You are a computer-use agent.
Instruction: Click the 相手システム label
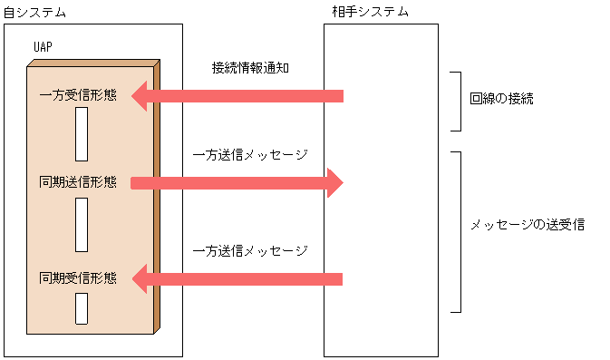click(370, 13)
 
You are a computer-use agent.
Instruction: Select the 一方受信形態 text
click(78, 95)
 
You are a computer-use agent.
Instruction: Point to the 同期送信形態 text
click(78, 182)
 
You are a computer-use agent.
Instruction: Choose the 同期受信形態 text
click(78, 277)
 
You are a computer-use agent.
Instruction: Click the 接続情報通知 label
click(250, 69)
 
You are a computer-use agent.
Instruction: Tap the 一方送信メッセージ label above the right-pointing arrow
click(251, 155)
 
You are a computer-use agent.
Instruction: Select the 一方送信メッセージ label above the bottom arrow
click(251, 250)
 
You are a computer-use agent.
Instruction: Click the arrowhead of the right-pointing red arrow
click(334, 182)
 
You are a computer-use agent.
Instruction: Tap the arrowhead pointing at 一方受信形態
click(141, 95)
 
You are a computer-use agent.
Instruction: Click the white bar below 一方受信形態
click(82, 134)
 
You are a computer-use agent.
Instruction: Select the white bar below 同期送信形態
click(82, 225)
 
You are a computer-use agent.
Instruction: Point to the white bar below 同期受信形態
click(82, 308)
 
